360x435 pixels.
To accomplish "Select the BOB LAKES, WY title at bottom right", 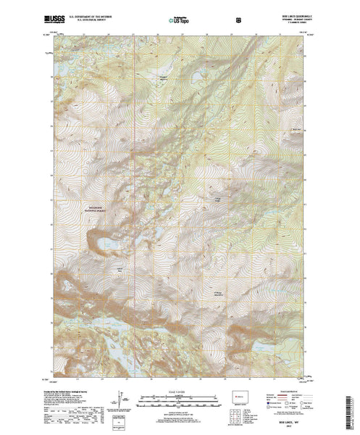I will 290,422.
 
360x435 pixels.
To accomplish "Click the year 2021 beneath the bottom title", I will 290,427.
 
